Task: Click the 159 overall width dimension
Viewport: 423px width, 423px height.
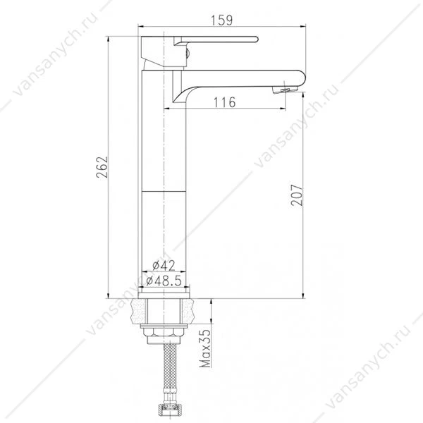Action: click(221, 20)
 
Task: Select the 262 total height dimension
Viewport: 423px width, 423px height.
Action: click(102, 167)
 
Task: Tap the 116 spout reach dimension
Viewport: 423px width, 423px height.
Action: click(224, 102)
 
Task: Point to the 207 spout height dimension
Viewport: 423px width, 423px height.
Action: click(297, 195)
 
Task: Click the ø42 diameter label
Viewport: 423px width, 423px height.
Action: click(164, 266)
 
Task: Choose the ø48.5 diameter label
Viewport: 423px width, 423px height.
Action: click(164, 281)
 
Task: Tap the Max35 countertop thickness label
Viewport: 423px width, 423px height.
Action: click(206, 348)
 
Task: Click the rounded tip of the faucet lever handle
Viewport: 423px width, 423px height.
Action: click(257, 39)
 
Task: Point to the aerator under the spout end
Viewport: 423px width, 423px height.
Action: click(285, 90)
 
